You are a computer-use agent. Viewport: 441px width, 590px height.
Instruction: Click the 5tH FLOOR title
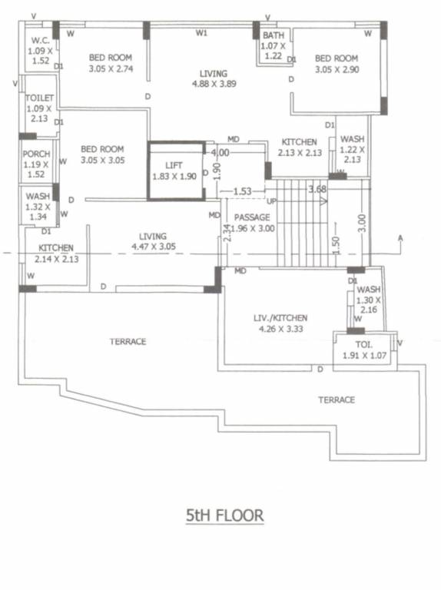[224, 515]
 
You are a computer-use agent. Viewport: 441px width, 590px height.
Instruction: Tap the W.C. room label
[39, 41]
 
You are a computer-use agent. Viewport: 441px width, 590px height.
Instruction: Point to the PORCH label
[36, 154]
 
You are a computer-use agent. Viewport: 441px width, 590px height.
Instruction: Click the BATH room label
[273, 36]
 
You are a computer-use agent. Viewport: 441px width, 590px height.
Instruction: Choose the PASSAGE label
[252, 217]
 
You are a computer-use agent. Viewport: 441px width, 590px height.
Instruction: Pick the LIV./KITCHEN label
[281, 317]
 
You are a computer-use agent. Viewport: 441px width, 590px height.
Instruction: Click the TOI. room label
[364, 346]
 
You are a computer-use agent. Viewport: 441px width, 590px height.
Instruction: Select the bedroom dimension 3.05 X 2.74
[111, 68]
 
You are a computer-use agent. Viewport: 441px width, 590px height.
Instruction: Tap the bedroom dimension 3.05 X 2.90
[337, 69]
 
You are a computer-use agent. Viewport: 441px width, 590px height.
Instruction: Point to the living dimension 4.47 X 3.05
[152, 247]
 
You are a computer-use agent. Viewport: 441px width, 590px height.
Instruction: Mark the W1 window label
[201, 33]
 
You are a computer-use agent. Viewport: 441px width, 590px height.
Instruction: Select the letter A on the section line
[400, 238]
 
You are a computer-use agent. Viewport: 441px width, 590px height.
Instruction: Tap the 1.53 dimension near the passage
[242, 191]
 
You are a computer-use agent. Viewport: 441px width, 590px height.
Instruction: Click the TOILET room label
[38, 99]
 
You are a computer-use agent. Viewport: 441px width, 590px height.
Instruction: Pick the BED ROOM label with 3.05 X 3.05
[102, 149]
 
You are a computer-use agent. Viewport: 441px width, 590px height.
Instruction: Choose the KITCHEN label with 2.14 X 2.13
[56, 248]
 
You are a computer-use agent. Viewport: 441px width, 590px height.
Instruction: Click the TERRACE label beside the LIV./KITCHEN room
[337, 399]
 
